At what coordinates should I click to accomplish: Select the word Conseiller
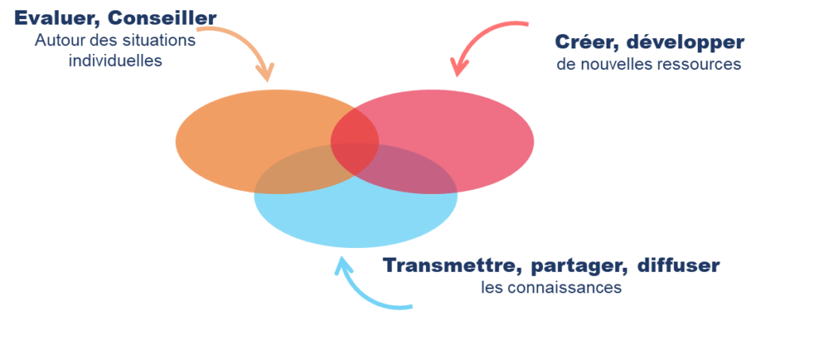(162, 17)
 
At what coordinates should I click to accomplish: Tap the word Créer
(583, 42)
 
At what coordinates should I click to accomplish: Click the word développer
(682, 43)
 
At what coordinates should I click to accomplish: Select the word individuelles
(115, 60)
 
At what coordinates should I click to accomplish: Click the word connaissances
(566, 288)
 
